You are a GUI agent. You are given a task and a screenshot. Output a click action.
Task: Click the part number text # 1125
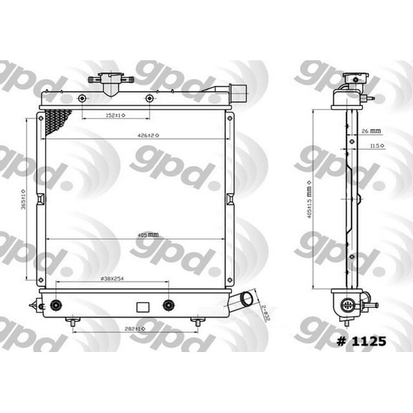point(360,341)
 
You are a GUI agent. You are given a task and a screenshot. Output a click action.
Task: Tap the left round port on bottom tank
point(55,305)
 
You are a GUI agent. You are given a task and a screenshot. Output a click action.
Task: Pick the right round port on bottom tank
point(168,305)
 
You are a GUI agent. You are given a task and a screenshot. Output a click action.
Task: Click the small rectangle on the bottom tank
point(142,306)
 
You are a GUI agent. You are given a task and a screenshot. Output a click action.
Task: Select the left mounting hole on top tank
point(82,98)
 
